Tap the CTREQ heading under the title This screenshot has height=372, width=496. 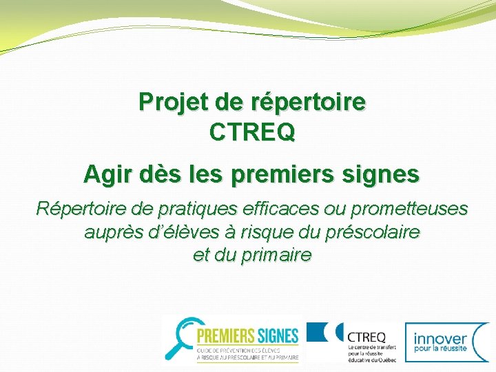252,132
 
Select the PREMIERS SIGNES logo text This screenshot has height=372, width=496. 247,336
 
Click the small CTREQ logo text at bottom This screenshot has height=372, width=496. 366,336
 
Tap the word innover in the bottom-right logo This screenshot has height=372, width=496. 441,338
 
